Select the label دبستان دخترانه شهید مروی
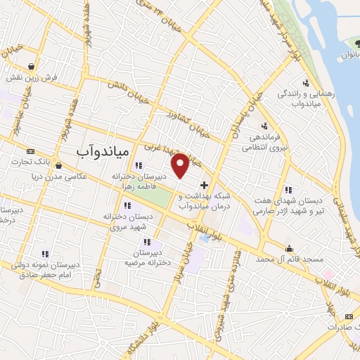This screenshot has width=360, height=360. pyautogui.click(x=127, y=224)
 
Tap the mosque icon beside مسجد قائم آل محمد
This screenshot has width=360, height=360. pyautogui.click(x=289, y=247)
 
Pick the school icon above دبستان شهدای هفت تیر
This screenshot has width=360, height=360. pyautogui.click(x=288, y=189)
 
